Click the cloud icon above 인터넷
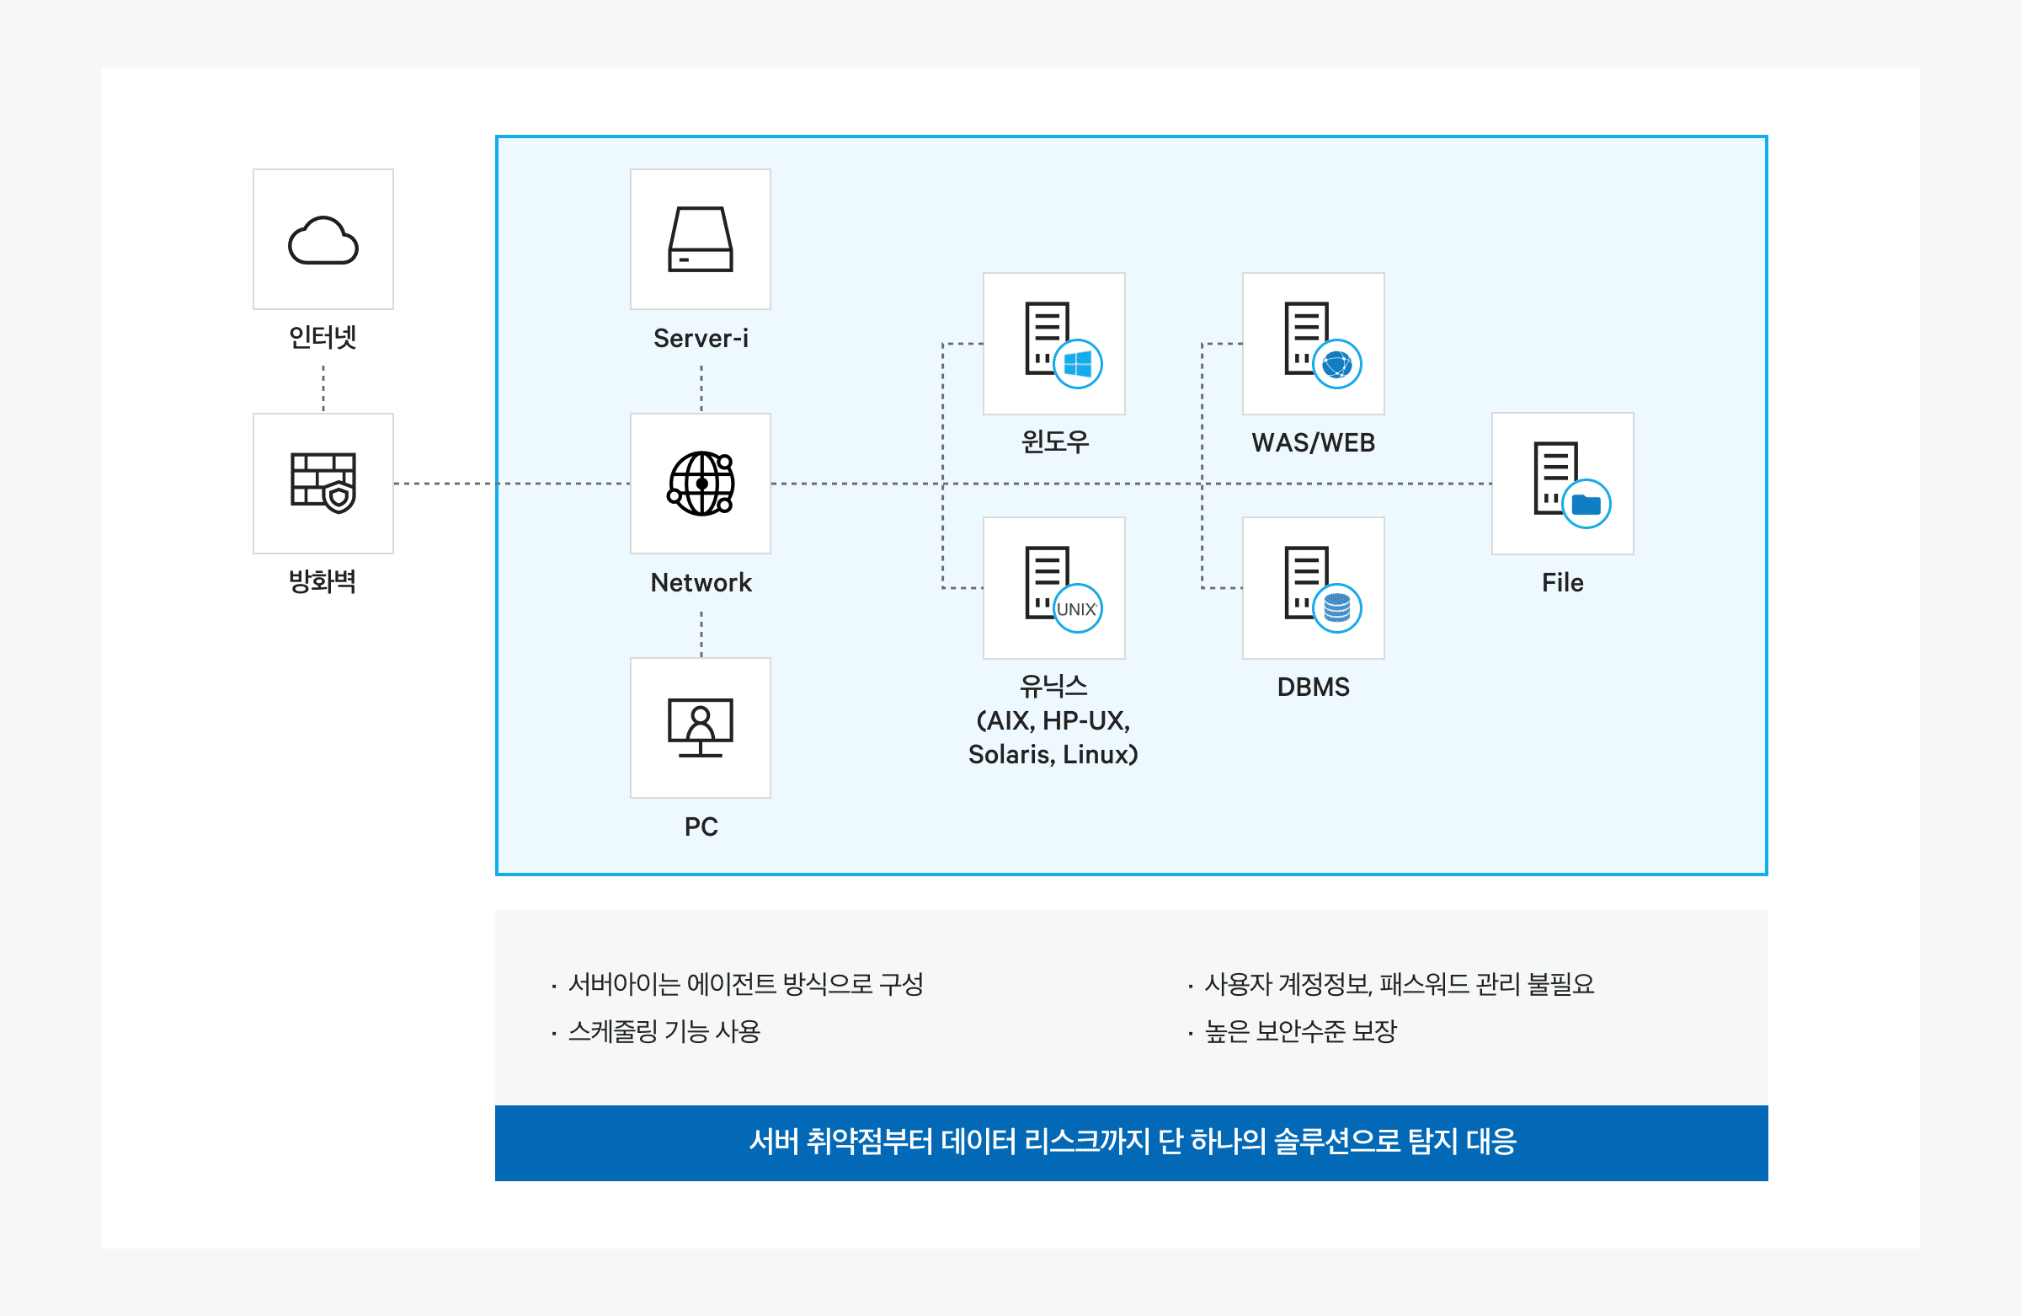(323, 240)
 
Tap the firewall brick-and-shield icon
(323, 483)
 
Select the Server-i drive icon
(701, 239)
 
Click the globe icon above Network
(701, 484)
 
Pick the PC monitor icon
(701, 727)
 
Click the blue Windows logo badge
(1078, 365)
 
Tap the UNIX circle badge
(1077, 609)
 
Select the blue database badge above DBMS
(1336, 608)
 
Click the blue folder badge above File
(1586, 505)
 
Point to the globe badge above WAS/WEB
(1336, 365)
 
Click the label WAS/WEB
(1313, 442)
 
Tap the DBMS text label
(1313, 687)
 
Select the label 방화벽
(323, 582)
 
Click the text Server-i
(701, 338)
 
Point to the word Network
(701, 583)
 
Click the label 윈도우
(1053, 441)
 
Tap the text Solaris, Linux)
(1053, 754)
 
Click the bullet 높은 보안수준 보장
(1300, 1031)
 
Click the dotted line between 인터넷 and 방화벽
(323, 388)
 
